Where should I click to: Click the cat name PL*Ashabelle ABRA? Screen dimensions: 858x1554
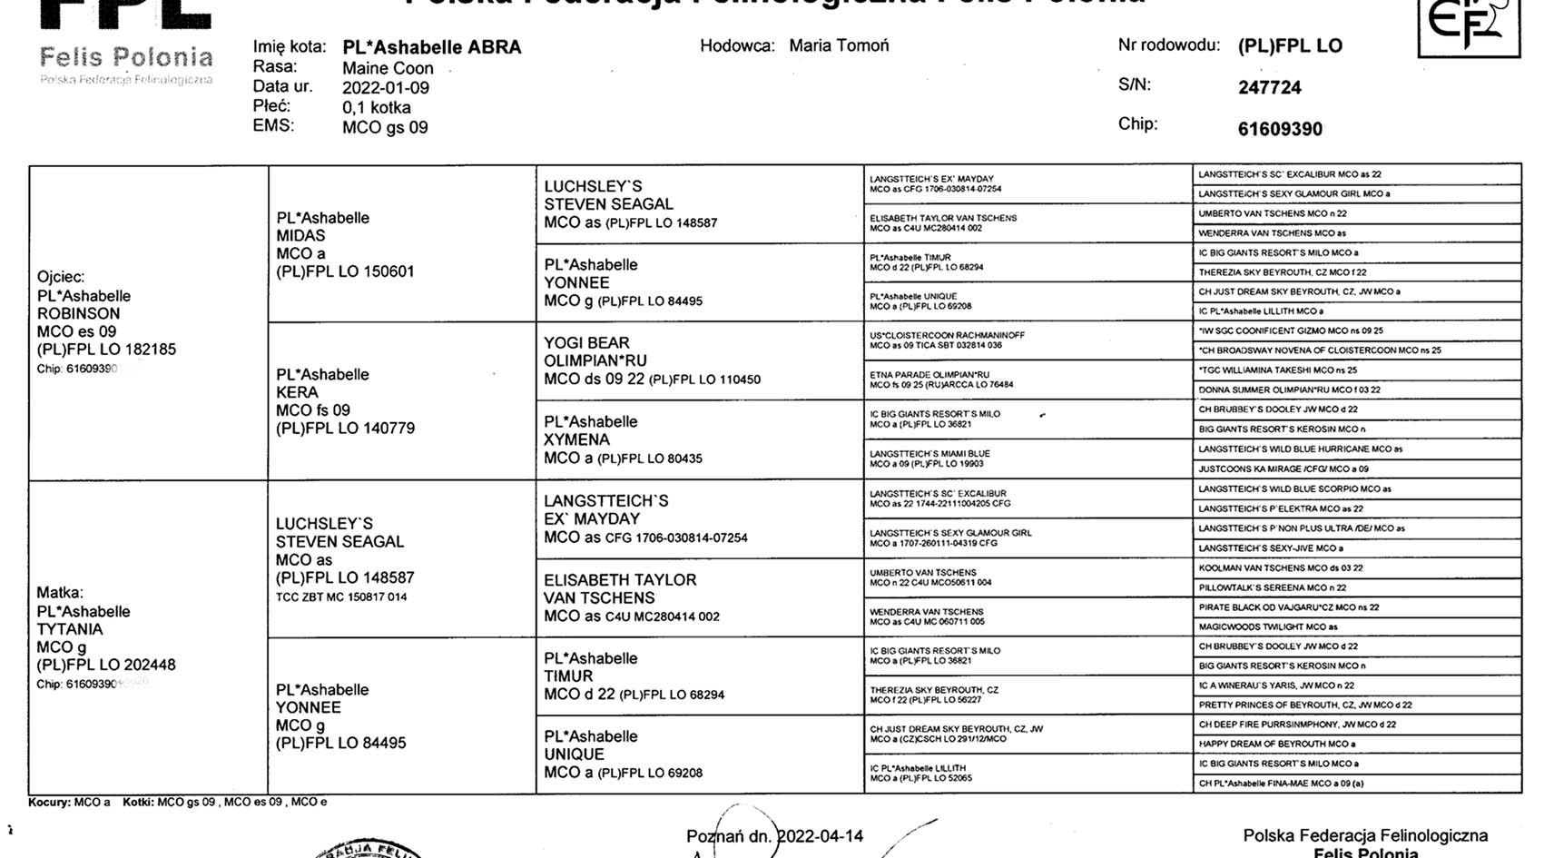coord(431,47)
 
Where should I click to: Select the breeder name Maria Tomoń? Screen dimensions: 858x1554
coord(839,45)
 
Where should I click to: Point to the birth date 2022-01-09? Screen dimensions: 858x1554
coord(386,88)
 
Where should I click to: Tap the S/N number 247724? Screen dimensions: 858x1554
coord(1269,88)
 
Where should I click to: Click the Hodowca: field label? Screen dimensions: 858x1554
coord(737,45)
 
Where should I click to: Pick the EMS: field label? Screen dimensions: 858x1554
coord(273,125)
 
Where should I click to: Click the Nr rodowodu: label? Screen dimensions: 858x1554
coord(1169,45)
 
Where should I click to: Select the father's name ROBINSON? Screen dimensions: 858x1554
coord(79,313)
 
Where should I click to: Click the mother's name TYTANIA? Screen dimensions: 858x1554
coord(70,629)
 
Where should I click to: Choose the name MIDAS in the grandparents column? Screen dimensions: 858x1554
coord(300,236)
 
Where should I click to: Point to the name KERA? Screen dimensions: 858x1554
coord(297,392)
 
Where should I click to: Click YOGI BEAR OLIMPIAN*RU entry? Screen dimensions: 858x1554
coord(595,351)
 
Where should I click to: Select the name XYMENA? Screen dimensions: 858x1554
coord(575,439)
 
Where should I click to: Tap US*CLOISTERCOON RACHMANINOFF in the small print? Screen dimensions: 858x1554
coord(947,335)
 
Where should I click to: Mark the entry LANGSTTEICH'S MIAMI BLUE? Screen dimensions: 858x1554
coord(929,453)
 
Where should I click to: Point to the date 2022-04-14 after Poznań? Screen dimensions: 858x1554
coord(821,836)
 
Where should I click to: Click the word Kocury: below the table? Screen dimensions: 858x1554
coord(49,803)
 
